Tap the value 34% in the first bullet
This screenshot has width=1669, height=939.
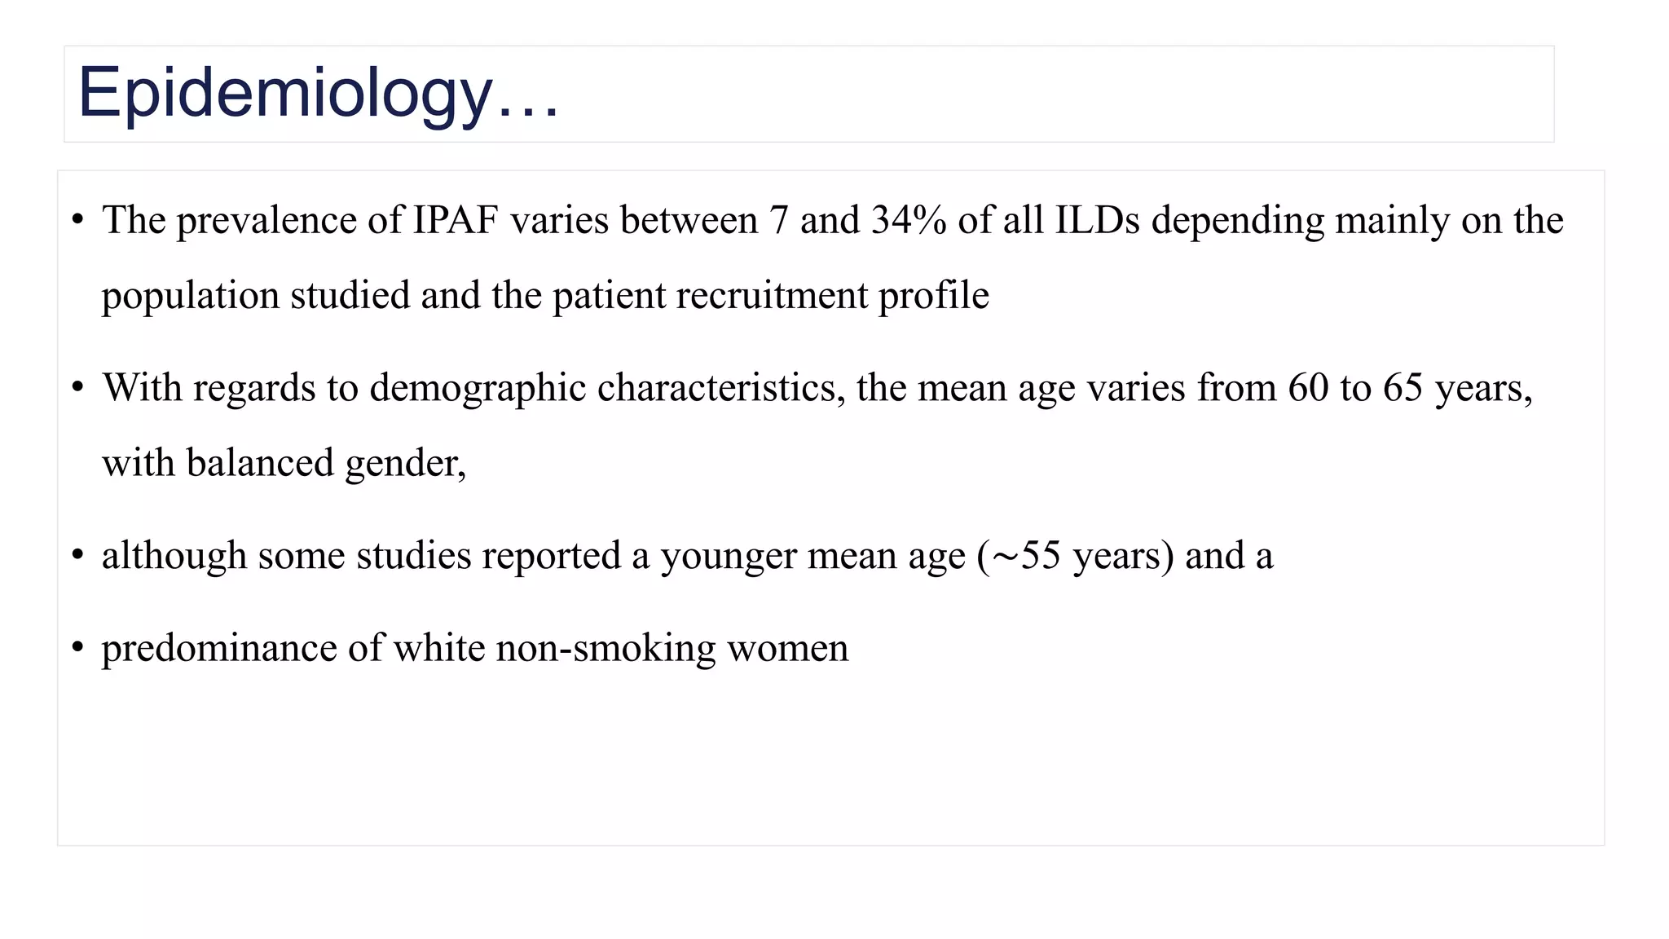click(x=908, y=220)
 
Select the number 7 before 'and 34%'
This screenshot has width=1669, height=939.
click(x=779, y=220)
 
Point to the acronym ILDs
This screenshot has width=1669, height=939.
click(x=1097, y=220)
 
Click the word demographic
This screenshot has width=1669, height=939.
click(x=478, y=388)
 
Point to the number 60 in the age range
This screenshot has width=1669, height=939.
click(x=1308, y=388)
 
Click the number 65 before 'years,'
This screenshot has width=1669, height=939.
click(x=1403, y=388)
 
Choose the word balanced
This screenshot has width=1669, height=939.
click(x=260, y=463)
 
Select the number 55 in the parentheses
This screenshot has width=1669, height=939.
click(x=1041, y=556)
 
